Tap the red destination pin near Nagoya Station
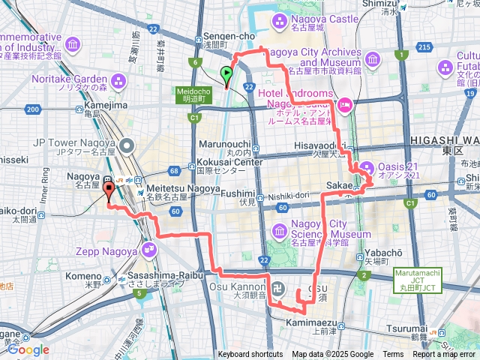[x=108, y=190]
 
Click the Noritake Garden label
[x=70, y=78]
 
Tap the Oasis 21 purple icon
[x=367, y=166]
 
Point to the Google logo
[x=28, y=349]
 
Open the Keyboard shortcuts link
[x=250, y=355]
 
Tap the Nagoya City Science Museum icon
[x=280, y=229]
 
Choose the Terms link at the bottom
[x=393, y=355]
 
